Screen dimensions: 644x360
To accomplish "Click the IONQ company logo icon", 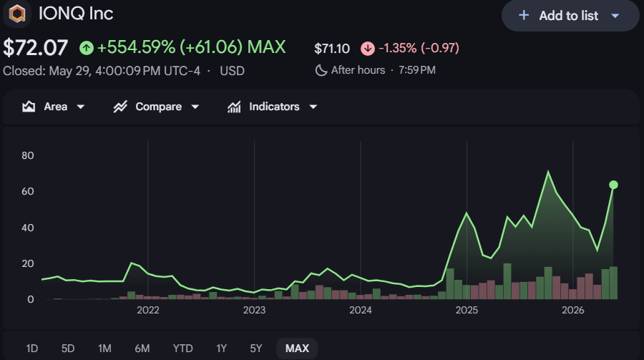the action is [x=17, y=14].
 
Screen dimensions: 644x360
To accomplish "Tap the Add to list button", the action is [x=570, y=16].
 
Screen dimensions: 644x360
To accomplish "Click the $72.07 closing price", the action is [x=35, y=48].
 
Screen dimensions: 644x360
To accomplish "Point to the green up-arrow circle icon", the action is [x=87, y=48].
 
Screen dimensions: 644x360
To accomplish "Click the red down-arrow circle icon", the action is [x=368, y=49].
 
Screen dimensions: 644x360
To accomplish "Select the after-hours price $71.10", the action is [x=332, y=49].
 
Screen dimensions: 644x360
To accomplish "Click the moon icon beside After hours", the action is [x=321, y=70].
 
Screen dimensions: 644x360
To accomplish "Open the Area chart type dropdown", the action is [x=54, y=107].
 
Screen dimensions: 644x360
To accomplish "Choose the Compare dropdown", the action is [x=156, y=107].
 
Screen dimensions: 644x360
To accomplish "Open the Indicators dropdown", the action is [x=273, y=107].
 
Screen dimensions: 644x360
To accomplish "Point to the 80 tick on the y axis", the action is [x=28, y=155].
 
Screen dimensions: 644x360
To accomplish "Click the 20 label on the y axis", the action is [x=28, y=263].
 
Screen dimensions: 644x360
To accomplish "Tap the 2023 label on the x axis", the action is [x=254, y=310].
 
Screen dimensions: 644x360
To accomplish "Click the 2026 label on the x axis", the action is [x=573, y=310].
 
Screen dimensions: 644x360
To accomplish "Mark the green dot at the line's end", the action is [x=613, y=185].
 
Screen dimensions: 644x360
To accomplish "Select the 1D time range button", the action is [x=32, y=349].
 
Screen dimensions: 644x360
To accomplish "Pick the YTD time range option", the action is [x=182, y=349].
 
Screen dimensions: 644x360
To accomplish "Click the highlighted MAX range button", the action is [x=297, y=349].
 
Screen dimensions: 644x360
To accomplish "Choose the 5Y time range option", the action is [x=256, y=349].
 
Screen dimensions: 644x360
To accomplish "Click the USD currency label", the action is [x=232, y=71].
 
